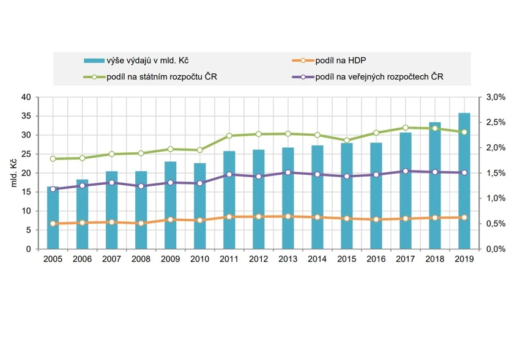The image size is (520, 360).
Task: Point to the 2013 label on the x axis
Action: [288, 259]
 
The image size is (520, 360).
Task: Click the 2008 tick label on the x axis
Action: [141, 259]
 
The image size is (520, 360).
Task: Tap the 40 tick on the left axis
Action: [26, 97]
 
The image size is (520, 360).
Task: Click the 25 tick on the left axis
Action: [26, 154]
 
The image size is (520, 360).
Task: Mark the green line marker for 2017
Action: [405, 128]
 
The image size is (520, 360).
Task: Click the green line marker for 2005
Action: [53, 158]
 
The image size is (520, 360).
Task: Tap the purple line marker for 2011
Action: [229, 174]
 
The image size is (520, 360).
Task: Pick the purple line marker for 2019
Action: [464, 172]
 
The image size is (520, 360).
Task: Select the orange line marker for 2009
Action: [170, 219]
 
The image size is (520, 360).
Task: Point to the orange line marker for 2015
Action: [346, 218]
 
